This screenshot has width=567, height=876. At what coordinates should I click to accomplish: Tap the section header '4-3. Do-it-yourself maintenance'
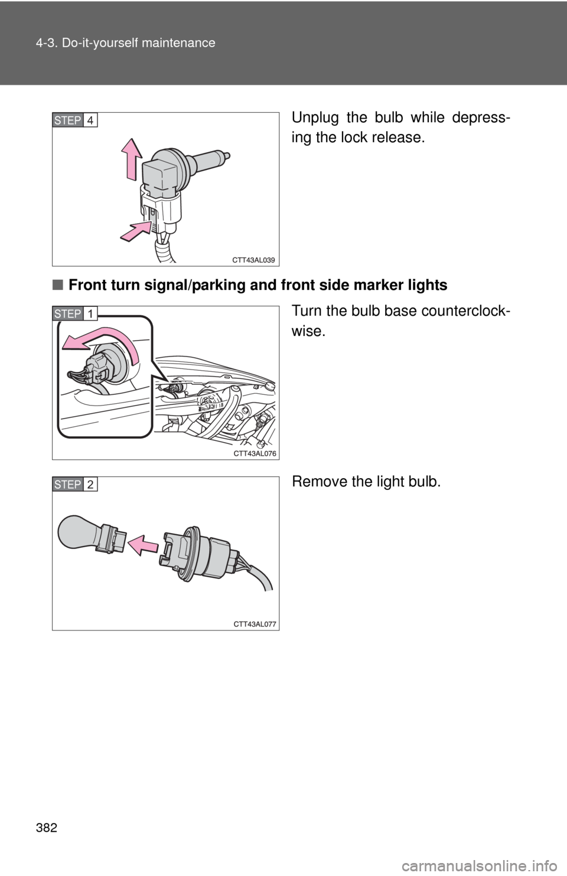pos(125,43)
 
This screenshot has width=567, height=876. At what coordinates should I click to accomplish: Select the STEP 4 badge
pos(74,120)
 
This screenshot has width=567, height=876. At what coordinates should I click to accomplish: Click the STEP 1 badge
pos(74,313)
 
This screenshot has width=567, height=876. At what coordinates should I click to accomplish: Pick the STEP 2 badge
pos(74,484)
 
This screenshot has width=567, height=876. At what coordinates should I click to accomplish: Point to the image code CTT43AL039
pos(253,260)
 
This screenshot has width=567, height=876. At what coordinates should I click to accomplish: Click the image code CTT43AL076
pos(255,453)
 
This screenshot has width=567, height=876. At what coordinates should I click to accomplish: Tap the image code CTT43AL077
pos(255,624)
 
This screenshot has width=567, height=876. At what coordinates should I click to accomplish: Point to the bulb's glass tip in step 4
pos(227,155)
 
